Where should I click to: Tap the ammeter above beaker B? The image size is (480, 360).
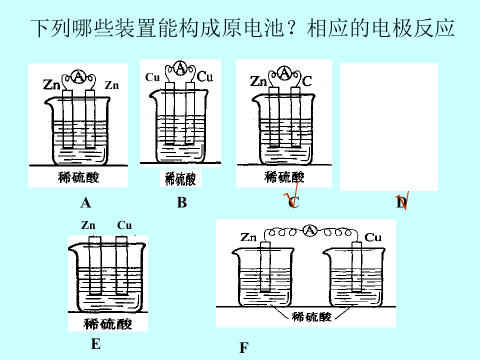point(180,67)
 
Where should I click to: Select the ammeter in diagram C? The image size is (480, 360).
point(284,73)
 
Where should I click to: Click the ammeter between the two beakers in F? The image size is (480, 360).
point(310,230)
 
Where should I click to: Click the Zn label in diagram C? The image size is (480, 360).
point(258,81)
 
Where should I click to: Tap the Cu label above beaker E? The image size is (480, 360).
point(124,225)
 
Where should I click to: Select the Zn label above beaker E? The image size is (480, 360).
point(88,225)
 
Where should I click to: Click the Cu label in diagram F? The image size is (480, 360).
point(373,237)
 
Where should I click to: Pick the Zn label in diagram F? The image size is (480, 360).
point(248,237)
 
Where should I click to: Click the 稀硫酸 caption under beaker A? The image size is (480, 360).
point(78,177)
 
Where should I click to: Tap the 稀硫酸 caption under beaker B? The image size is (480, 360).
point(180,179)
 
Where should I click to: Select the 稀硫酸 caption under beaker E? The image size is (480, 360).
point(108,324)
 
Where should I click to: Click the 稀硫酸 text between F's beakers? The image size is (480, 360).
point(311,316)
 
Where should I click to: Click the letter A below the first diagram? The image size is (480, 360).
point(85,202)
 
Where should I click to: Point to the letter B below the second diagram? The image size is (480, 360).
point(182,202)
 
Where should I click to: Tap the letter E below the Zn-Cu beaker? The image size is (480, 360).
point(96,344)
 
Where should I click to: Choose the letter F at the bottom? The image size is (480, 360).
point(243,348)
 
